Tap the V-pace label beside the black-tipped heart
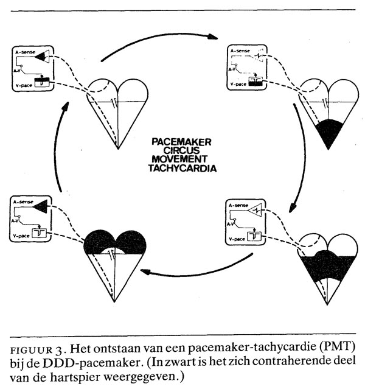point(236,86)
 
